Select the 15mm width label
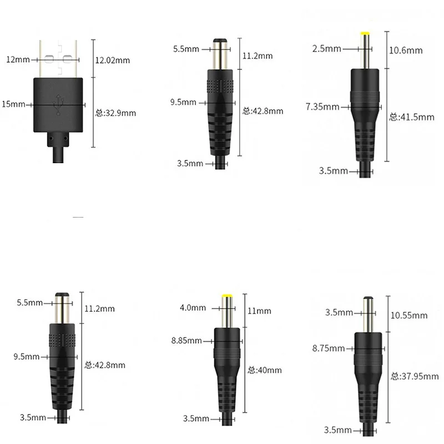click(15, 104)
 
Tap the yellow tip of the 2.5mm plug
click(366, 35)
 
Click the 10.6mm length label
click(406, 51)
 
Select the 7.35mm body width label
click(323, 106)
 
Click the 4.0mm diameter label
click(193, 307)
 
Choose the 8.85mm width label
click(186, 341)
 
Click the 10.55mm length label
click(409, 315)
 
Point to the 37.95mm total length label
click(411, 376)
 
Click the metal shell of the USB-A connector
click(58, 58)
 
